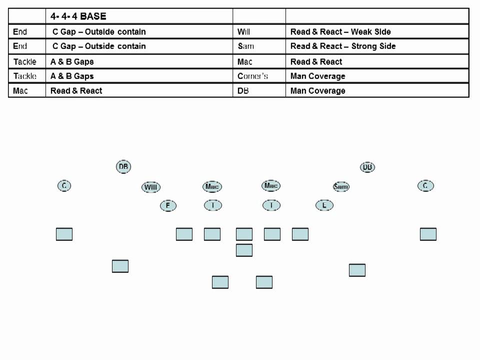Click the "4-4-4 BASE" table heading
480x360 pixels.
[x=78, y=16]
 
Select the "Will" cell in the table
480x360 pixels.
[x=244, y=32]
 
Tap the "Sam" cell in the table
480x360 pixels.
[x=245, y=46]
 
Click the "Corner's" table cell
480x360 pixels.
[x=252, y=76]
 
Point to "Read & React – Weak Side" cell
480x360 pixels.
[x=340, y=32]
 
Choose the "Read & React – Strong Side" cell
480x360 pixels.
[x=343, y=46]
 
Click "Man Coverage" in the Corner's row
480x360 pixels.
[x=317, y=76]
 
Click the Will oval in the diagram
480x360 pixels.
[x=151, y=187]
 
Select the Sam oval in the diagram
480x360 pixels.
[x=341, y=186]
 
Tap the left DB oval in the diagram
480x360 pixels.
[x=123, y=167]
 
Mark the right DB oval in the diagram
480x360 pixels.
[x=367, y=167]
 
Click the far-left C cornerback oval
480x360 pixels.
[x=64, y=186]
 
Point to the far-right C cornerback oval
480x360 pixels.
[x=425, y=186]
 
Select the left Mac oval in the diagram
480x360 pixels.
[x=212, y=186]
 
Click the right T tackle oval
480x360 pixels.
[x=271, y=205]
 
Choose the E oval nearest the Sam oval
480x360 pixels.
[x=324, y=205]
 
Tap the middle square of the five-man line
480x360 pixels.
[x=244, y=234]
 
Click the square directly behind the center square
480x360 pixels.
[x=244, y=250]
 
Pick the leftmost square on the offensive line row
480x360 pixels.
[x=64, y=234]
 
